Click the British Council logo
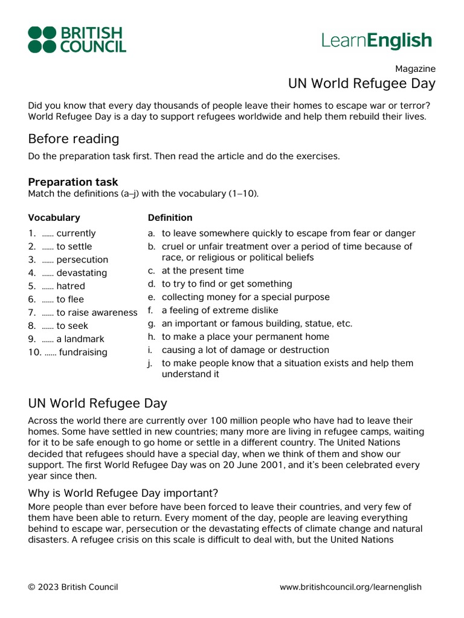tap(77, 40)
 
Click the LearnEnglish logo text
tap(377, 40)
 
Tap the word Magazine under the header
tap(415, 69)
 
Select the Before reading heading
tap(74, 139)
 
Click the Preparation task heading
tap(73, 182)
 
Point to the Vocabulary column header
tap(54, 217)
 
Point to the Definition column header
tap(170, 217)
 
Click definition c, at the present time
tap(202, 270)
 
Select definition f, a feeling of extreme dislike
tap(219, 310)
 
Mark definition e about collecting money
tap(245, 297)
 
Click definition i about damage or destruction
tap(245, 350)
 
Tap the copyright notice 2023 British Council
tap(73, 587)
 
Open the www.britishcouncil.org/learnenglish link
tap(350, 587)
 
